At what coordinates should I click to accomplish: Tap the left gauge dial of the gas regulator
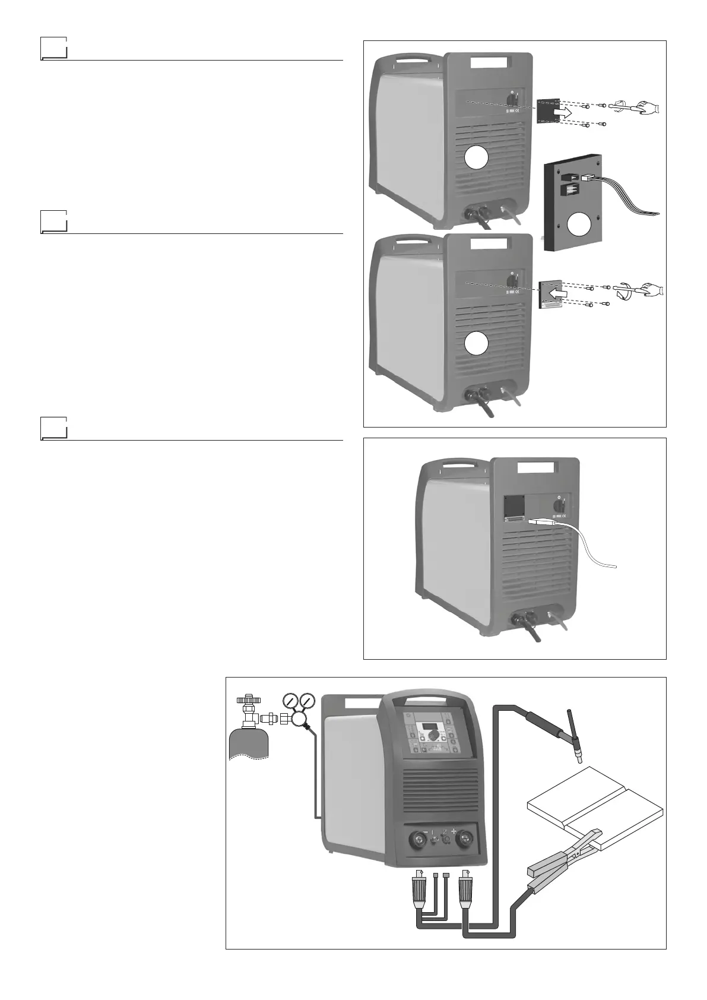pos(291,701)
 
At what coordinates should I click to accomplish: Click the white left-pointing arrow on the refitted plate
pos(554,293)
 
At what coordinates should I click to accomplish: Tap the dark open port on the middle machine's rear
pos(514,506)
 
